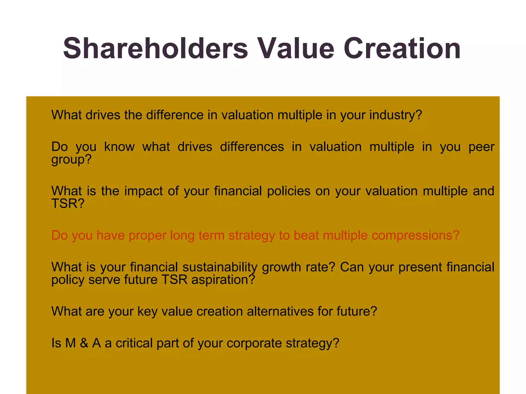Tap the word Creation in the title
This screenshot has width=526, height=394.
(x=402, y=48)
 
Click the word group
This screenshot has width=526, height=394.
(x=71, y=160)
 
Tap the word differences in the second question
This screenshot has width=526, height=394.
(x=252, y=147)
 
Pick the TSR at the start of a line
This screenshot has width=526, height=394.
(x=68, y=204)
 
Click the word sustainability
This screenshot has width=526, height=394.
(x=220, y=267)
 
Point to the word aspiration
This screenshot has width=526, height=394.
(x=223, y=280)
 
